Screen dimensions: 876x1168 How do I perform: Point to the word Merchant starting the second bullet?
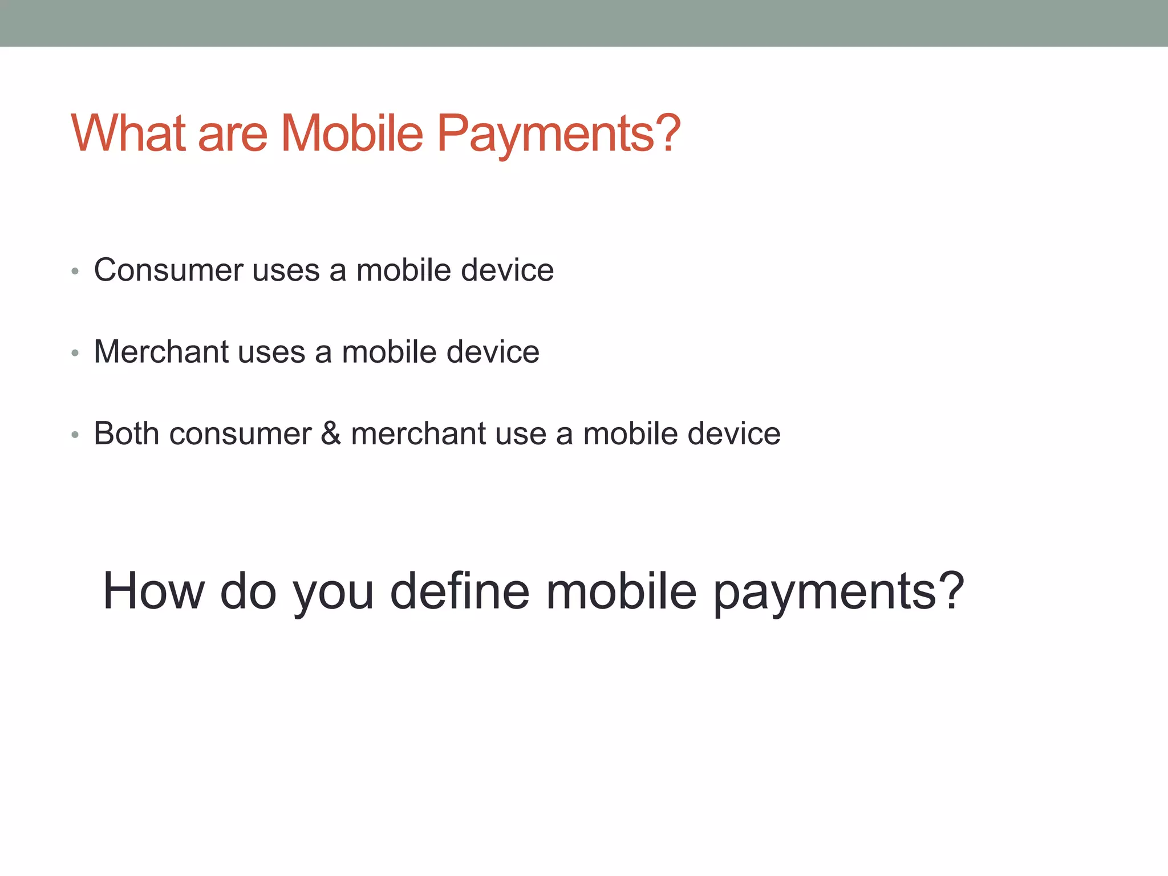tap(161, 351)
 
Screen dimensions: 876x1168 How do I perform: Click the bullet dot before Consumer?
tap(75, 271)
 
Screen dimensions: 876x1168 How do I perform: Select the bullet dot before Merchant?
tap(75, 354)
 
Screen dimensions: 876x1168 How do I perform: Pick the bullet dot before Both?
tap(75, 435)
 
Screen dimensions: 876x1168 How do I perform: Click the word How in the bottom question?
tap(153, 591)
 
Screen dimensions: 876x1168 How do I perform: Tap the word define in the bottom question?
tap(460, 591)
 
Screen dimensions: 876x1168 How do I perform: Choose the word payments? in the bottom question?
tap(839, 593)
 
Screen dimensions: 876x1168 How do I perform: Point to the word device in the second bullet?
tap(493, 351)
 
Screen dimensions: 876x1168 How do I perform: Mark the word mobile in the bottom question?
tap(621, 591)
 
